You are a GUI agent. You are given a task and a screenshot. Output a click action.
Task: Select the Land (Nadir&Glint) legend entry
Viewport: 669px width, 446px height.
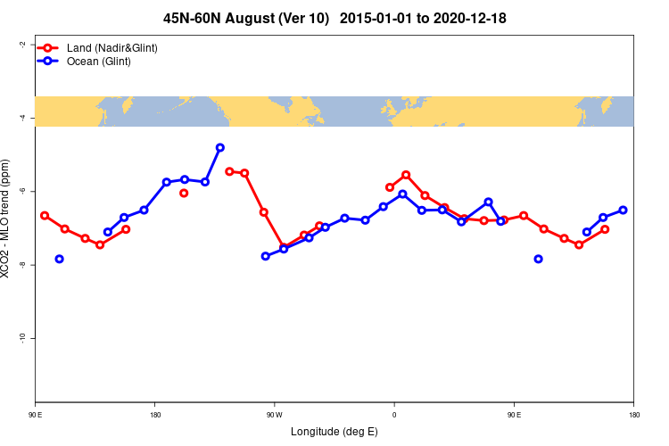pyautogui.click(x=111, y=47)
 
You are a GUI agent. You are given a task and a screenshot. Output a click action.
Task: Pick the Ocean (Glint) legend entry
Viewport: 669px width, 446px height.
pyautogui.click(x=98, y=62)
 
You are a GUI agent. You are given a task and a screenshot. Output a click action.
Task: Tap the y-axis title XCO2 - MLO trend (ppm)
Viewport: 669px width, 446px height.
pyautogui.click(x=6, y=219)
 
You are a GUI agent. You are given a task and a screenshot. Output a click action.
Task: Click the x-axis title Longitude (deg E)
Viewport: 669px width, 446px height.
pyautogui.click(x=334, y=432)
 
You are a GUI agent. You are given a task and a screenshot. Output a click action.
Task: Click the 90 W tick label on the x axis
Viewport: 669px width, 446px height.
pyautogui.click(x=274, y=415)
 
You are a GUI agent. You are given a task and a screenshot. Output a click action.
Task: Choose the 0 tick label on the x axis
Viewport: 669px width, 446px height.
pyautogui.click(x=394, y=415)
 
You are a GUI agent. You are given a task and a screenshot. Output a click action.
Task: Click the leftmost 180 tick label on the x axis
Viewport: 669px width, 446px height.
pyautogui.click(x=155, y=415)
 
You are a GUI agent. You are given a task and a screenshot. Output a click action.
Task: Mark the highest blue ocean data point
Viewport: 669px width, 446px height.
pyautogui.click(x=219, y=147)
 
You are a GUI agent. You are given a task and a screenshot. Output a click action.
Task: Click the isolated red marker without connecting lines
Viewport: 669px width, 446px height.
pyautogui.click(x=184, y=193)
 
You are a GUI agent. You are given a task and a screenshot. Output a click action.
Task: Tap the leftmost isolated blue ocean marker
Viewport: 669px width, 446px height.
pyautogui.click(x=59, y=259)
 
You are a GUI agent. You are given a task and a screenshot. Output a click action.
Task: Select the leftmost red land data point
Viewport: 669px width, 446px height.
pyautogui.click(x=45, y=216)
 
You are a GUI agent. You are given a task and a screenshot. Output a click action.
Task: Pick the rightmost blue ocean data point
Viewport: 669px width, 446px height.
pyautogui.click(x=623, y=210)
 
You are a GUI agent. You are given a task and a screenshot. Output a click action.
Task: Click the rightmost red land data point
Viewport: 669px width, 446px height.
pyautogui.click(x=605, y=229)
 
